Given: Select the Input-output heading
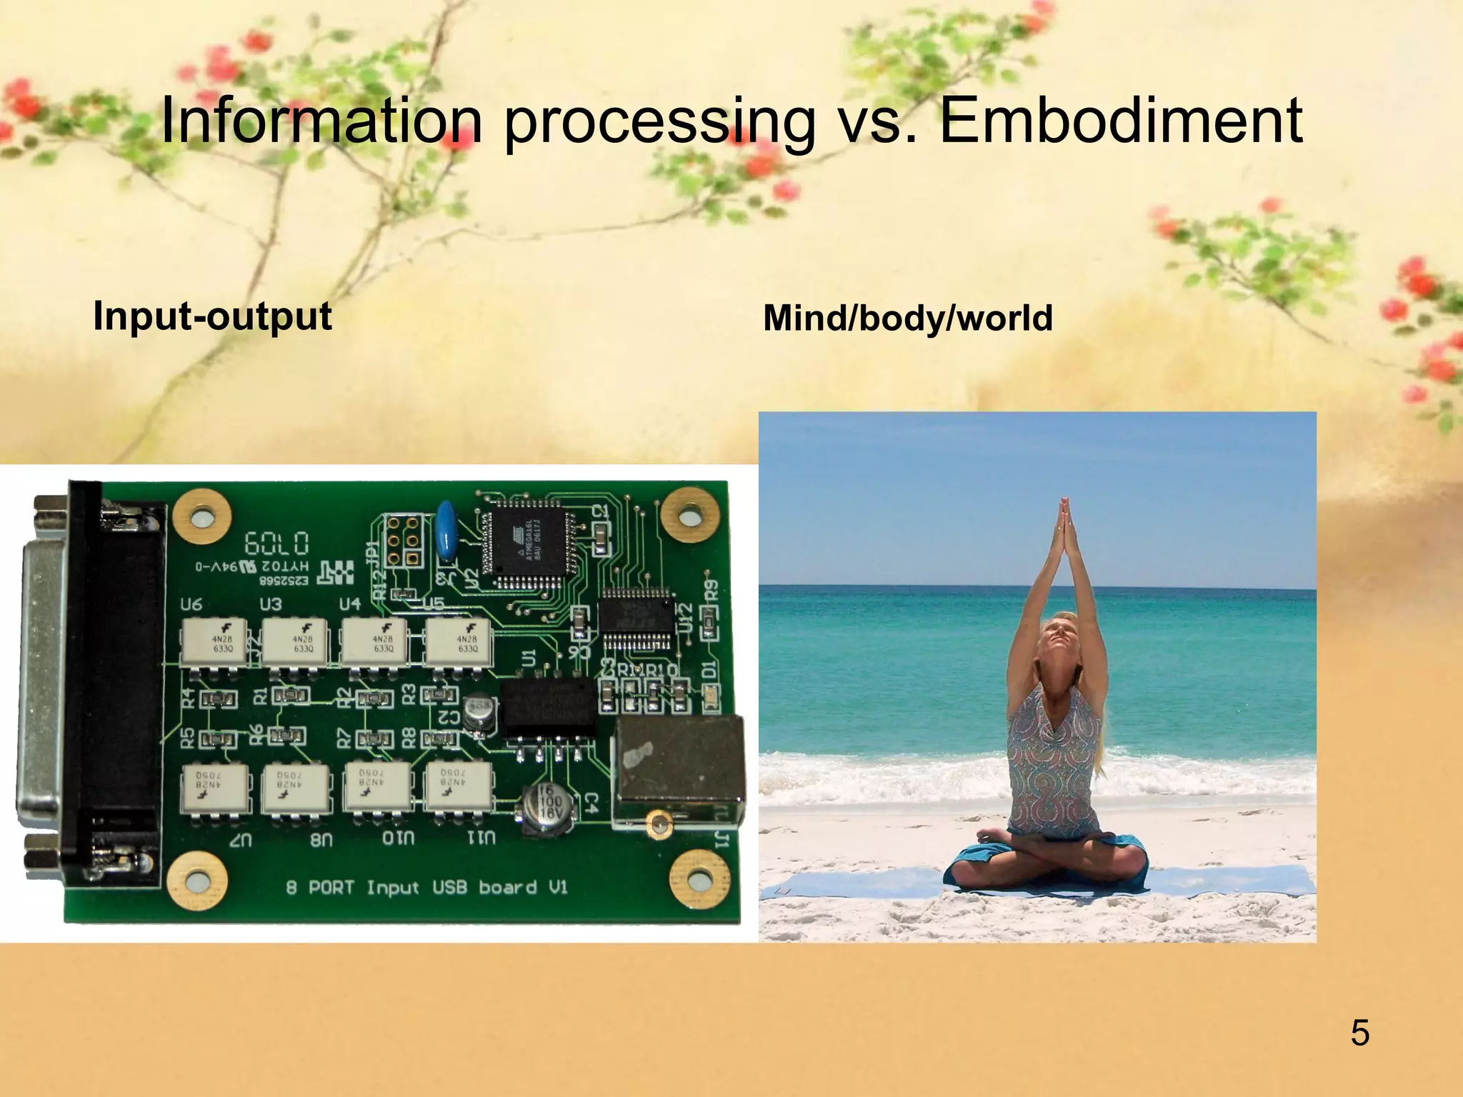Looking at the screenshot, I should (x=212, y=316).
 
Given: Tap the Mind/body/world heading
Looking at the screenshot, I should (x=907, y=318).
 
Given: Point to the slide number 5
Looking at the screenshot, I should (x=1359, y=1033).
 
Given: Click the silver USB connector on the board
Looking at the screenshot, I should (x=679, y=768).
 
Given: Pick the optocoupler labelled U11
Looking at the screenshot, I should (x=458, y=786).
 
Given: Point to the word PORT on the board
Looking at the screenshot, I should (x=331, y=887).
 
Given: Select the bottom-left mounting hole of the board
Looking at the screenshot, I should (x=199, y=881).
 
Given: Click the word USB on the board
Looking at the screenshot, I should (x=449, y=887).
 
